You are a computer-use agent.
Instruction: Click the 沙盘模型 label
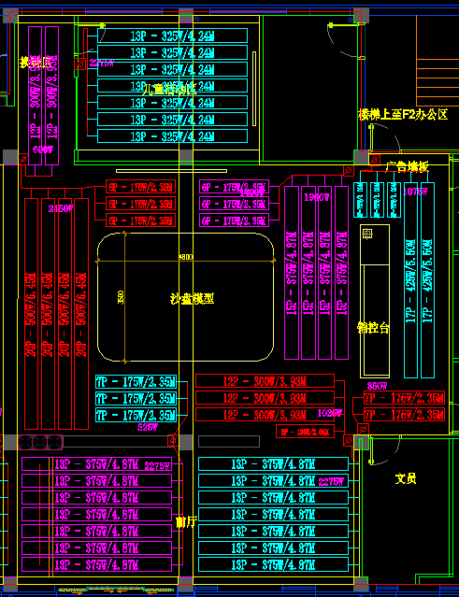pyautogui.click(x=192, y=299)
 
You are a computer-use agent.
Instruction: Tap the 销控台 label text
pyautogui.click(x=373, y=328)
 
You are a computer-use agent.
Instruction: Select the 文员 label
pyautogui.click(x=405, y=478)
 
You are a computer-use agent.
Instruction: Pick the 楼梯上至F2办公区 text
pyautogui.click(x=403, y=114)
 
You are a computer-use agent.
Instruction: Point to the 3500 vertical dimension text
pyautogui.click(x=121, y=296)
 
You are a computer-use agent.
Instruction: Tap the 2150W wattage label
pyautogui.click(x=61, y=208)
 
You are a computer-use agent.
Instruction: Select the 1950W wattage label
pyautogui.click(x=317, y=197)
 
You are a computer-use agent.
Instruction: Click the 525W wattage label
pyautogui.click(x=148, y=427)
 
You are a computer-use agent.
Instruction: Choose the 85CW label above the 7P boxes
pyautogui.click(x=377, y=386)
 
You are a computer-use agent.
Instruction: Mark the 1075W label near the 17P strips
pyautogui.click(x=416, y=191)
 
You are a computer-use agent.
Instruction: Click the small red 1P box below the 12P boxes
pyautogui.click(x=304, y=433)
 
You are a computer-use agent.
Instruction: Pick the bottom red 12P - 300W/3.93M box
pyautogui.click(x=265, y=414)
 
